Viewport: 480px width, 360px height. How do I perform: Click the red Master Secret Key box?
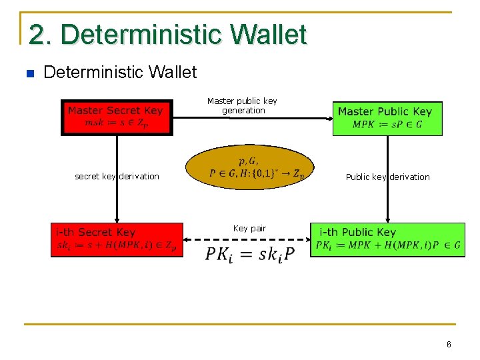coord(117,117)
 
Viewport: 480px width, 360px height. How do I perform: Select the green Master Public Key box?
coord(387,119)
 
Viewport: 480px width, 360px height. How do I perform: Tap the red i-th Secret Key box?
coord(117,239)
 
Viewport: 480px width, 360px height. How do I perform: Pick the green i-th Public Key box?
coord(388,239)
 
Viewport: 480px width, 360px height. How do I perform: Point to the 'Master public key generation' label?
coord(242,105)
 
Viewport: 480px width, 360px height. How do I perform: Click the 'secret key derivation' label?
coord(117,177)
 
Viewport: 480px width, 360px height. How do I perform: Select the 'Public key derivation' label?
coord(387,177)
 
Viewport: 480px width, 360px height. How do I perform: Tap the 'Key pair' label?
coord(249,229)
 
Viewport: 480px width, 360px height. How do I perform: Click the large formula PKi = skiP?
coord(250,254)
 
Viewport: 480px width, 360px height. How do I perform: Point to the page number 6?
coord(449,345)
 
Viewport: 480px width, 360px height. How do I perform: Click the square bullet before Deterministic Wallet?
coord(28,73)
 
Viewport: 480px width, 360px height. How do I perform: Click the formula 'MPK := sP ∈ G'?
coord(387,125)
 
